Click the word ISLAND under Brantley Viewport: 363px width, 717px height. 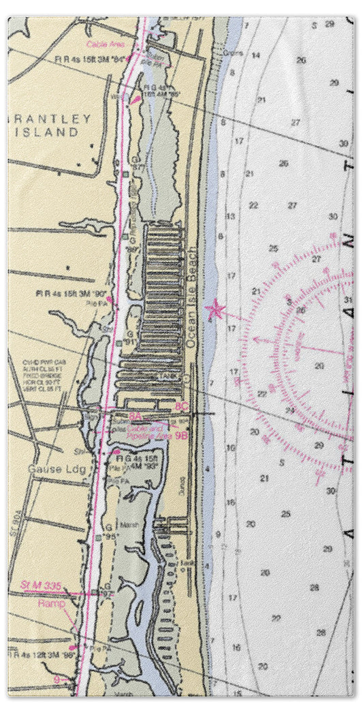pos(51,132)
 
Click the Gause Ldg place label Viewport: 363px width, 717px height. pos(49,470)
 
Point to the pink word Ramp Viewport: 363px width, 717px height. pos(52,603)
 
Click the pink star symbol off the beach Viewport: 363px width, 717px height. pos(216,311)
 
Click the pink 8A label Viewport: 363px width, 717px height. pos(135,415)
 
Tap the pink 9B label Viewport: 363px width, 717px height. pos(180,433)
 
